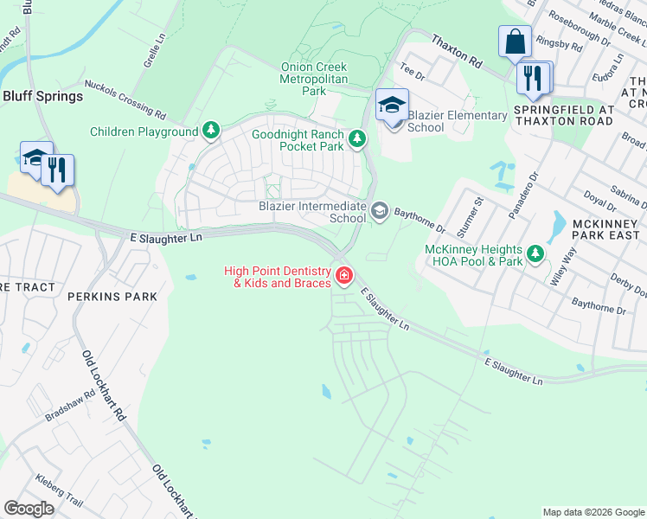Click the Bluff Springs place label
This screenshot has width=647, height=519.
click(42, 96)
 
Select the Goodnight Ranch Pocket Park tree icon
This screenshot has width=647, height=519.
click(356, 138)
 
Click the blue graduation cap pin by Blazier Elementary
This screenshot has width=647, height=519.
click(392, 106)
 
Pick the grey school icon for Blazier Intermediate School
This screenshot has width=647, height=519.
click(379, 211)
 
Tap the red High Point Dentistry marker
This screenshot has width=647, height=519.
click(344, 276)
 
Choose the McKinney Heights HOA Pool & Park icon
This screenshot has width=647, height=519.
click(536, 253)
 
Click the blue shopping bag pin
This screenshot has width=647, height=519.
click(515, 42)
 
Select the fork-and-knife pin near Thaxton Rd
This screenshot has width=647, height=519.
click(534, 79)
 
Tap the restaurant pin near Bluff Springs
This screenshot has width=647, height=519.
click(58, 170)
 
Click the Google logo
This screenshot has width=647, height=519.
click(29, 509)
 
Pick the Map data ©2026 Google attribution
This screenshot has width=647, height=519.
click(593, 512)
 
